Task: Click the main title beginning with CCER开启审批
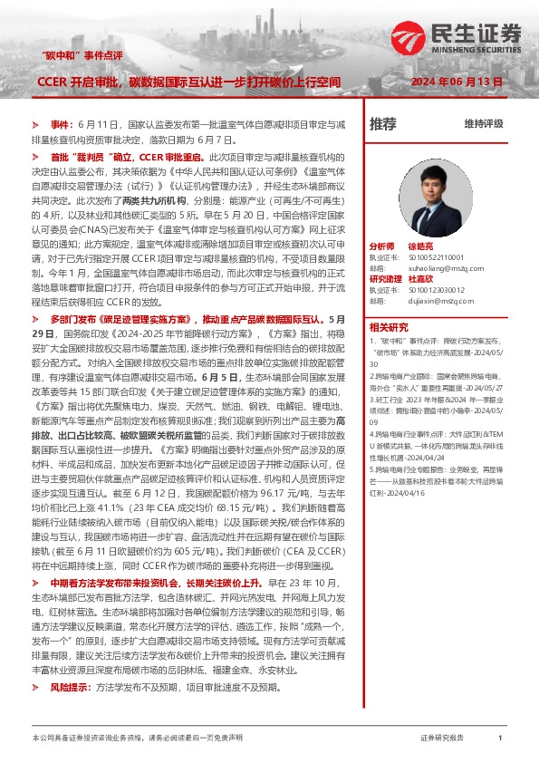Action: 188,82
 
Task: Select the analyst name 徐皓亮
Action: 420,246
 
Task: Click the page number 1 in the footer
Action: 500,739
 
